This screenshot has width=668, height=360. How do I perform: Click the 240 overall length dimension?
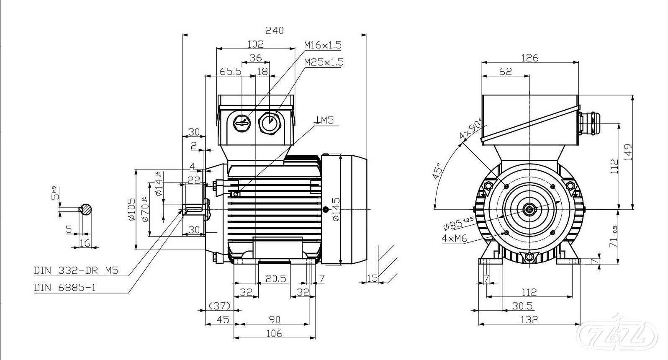[274, 30]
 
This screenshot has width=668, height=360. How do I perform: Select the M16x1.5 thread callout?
[323, 45]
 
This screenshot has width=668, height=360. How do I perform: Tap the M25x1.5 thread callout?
[324, 62]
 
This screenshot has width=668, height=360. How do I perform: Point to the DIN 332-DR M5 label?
[76, 271]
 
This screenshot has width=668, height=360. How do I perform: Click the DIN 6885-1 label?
[64, 288]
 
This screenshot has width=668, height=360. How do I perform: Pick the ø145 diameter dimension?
[336, 209]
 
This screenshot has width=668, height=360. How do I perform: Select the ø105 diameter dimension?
[131, 209]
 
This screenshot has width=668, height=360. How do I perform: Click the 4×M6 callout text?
[455, 239]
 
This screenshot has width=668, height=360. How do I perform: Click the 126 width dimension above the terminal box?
[530, 58]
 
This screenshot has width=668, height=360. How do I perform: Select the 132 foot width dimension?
[529, 319]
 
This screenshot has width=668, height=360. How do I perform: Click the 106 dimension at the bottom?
[274, 334]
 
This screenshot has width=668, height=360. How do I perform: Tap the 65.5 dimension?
[231, 72]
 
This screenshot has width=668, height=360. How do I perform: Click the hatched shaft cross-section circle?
[87, 209]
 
